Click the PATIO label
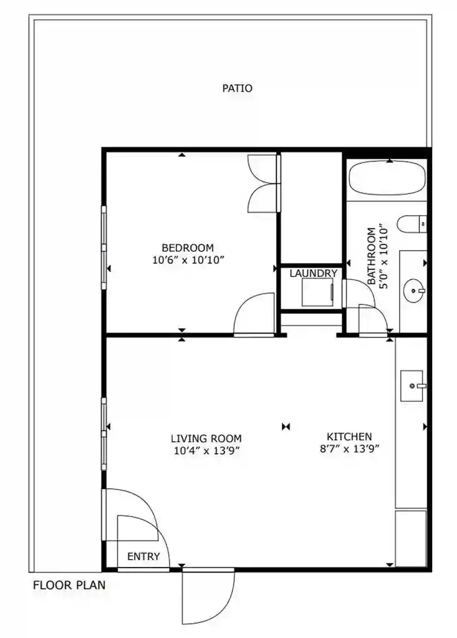(x=238, y=89)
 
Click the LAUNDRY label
(x=313, y=273)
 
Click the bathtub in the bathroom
(x=387, y=179)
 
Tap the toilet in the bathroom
(x=412, y=224)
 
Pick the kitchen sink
(x=411, y=385)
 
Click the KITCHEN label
(x=349, y=437)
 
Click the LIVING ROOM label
(x=206, y=438)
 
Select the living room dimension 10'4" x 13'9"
(x=206, y=451)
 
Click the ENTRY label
(x=143, y=556)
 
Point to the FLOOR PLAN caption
(x=69, y=586)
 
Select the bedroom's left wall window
(x=104, y=248)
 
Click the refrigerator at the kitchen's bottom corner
(x=411, y=538)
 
